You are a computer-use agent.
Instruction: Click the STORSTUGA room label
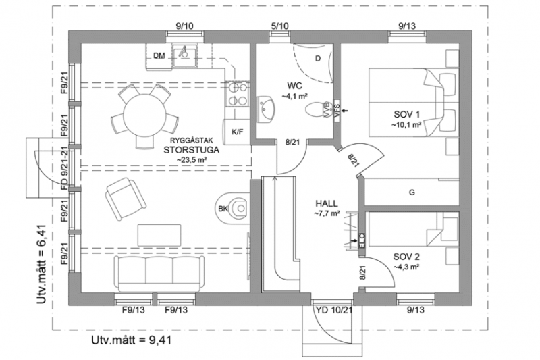coord(186,151)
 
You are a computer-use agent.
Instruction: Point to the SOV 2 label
coord(406,257)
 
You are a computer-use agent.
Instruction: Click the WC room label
coord(294,86)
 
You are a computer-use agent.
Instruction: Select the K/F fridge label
coord(237,131)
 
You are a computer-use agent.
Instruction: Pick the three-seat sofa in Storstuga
coord(158,273)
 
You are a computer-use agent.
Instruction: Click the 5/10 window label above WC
coord(279,26)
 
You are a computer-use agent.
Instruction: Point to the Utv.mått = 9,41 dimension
coord(132,340)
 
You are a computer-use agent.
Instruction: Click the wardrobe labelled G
coord(410,192)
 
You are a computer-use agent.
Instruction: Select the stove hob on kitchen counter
coord(236,95)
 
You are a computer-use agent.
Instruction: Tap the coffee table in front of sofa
coord(159,235)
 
